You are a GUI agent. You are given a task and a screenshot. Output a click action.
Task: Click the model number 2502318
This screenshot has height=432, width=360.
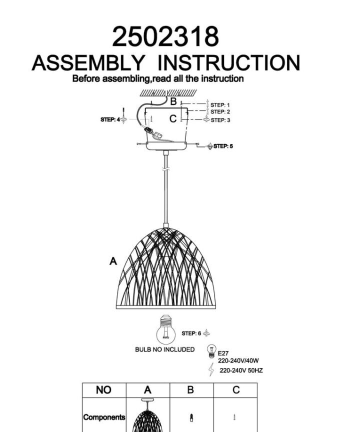pyautogui.click(x=165, y=36)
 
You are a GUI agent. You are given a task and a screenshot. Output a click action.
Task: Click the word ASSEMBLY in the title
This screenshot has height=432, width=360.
pyautogui.click(x=88, y=63)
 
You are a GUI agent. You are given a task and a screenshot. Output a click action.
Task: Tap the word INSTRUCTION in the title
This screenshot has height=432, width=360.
pyautogui.click(x=228, y=63)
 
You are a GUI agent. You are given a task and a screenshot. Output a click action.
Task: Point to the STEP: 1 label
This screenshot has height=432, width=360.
pyautogui.click(x=220, y=105)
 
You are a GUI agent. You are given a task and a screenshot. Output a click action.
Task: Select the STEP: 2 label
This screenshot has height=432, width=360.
pyautogui.click(x=220, y=112)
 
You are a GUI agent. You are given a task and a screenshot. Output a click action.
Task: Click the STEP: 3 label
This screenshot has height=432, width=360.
pyautogui.click(x=220, y=120)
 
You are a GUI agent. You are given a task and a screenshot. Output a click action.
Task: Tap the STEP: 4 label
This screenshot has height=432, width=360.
pyautogui.click(x=110, y=119)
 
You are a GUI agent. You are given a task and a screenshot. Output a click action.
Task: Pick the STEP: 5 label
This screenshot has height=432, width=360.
pyautogui.click(x=223, y=146)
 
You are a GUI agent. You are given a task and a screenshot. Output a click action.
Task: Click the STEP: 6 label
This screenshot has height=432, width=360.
pyautogui.click(x=191, y=333)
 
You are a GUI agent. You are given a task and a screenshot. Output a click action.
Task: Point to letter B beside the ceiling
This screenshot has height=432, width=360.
pyautogui.click(x=173, y=101)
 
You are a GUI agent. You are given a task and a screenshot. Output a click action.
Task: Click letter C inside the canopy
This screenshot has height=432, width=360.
pyautogui.click(x=173, y=118)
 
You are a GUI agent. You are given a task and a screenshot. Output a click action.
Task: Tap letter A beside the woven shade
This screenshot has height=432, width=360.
pyautogui.click(x=113, y=261)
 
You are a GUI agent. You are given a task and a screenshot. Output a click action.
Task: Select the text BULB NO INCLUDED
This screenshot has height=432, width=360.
pyautogui.click(x=164, y=349)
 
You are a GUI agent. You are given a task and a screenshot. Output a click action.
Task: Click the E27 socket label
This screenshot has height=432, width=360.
pyautogui.click(x=223, y=353)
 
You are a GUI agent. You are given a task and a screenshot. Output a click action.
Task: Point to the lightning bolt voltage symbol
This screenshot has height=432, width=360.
pyautogui.click(x=211, y=369)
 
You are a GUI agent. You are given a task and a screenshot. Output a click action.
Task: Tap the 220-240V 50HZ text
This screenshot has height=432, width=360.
pyautogui.click(x=241, y=370)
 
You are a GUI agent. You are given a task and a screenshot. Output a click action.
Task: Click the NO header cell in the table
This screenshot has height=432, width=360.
pyautogui.click(x=104, y=390)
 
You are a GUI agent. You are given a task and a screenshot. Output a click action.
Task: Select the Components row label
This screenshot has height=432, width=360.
pyautogui.click(x=104, y=417)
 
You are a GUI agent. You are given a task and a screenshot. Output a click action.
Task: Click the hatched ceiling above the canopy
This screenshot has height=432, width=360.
pyautogui.click(x=168, y=92)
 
